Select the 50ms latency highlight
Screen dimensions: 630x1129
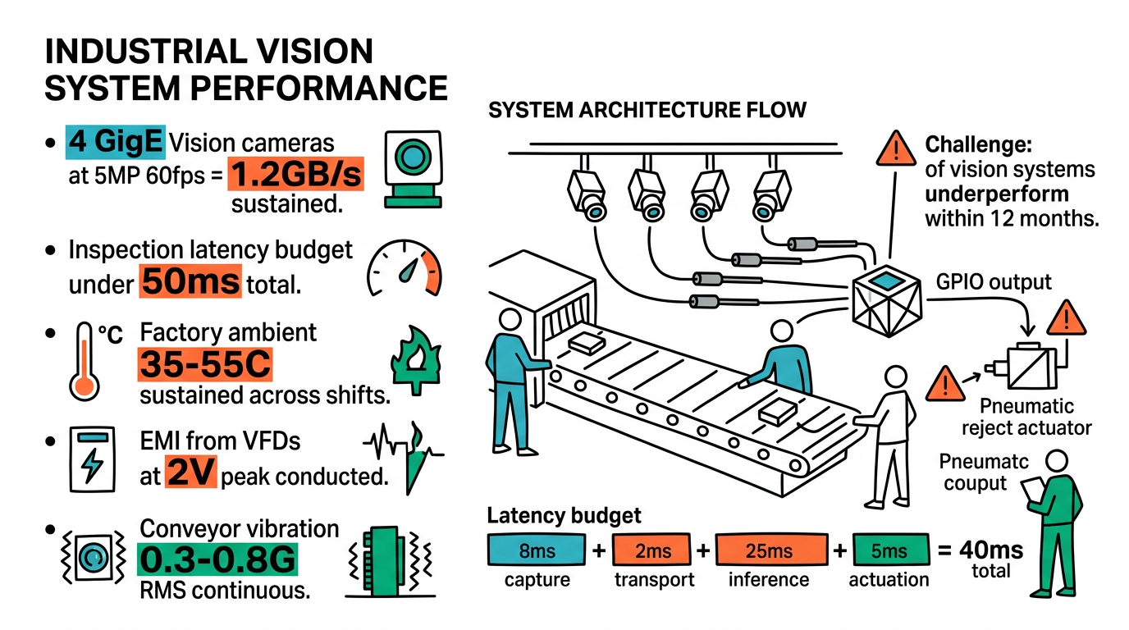[x=190, y=283]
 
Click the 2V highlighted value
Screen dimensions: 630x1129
[x=190, y=473]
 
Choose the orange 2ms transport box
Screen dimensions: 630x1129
[x=653, y=551]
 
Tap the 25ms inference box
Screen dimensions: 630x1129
[x=769, y=551]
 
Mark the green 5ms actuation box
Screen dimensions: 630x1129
[x=889, y=551]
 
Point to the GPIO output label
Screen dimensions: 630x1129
[x=994, y=283]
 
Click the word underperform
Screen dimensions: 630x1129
[x=997, y=194]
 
